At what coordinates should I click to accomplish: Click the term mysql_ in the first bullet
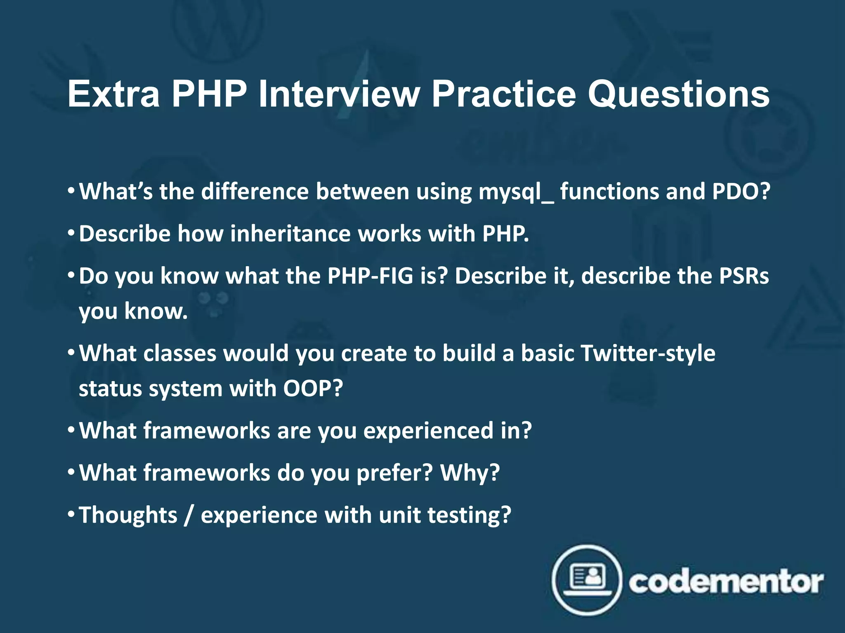516,192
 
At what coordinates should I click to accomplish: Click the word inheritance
290,234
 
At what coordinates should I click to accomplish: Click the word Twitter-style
647,354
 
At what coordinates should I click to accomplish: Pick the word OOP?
313,388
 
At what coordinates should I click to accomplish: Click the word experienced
428,431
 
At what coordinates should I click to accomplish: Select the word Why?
470,473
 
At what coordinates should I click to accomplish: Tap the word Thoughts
128,515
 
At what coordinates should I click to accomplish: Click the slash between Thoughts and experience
189,515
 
